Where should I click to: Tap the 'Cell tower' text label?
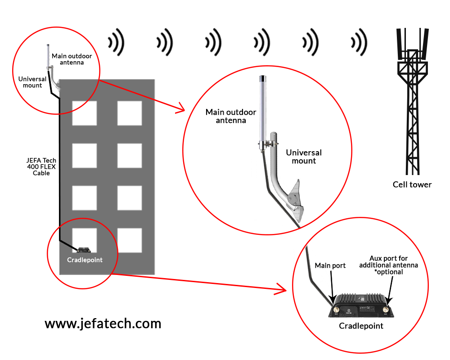[x=412, y=184]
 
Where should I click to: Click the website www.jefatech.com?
[x=103, y=324]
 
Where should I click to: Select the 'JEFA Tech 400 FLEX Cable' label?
[x=41, y=166]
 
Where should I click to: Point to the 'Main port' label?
[x=330, y=265]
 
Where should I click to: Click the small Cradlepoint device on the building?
[x=84, y=250]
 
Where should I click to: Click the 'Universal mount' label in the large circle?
[x=304, y=157]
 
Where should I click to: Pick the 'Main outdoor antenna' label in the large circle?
[x=231, y=116]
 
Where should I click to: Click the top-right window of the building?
[x=130, y=113]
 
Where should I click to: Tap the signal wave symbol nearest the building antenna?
[x=116, y=43]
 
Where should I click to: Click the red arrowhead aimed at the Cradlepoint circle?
[x=282, y=289]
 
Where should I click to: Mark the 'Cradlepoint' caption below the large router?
[x=361, y=326]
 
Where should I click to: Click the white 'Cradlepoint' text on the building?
[x=85, y=260]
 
